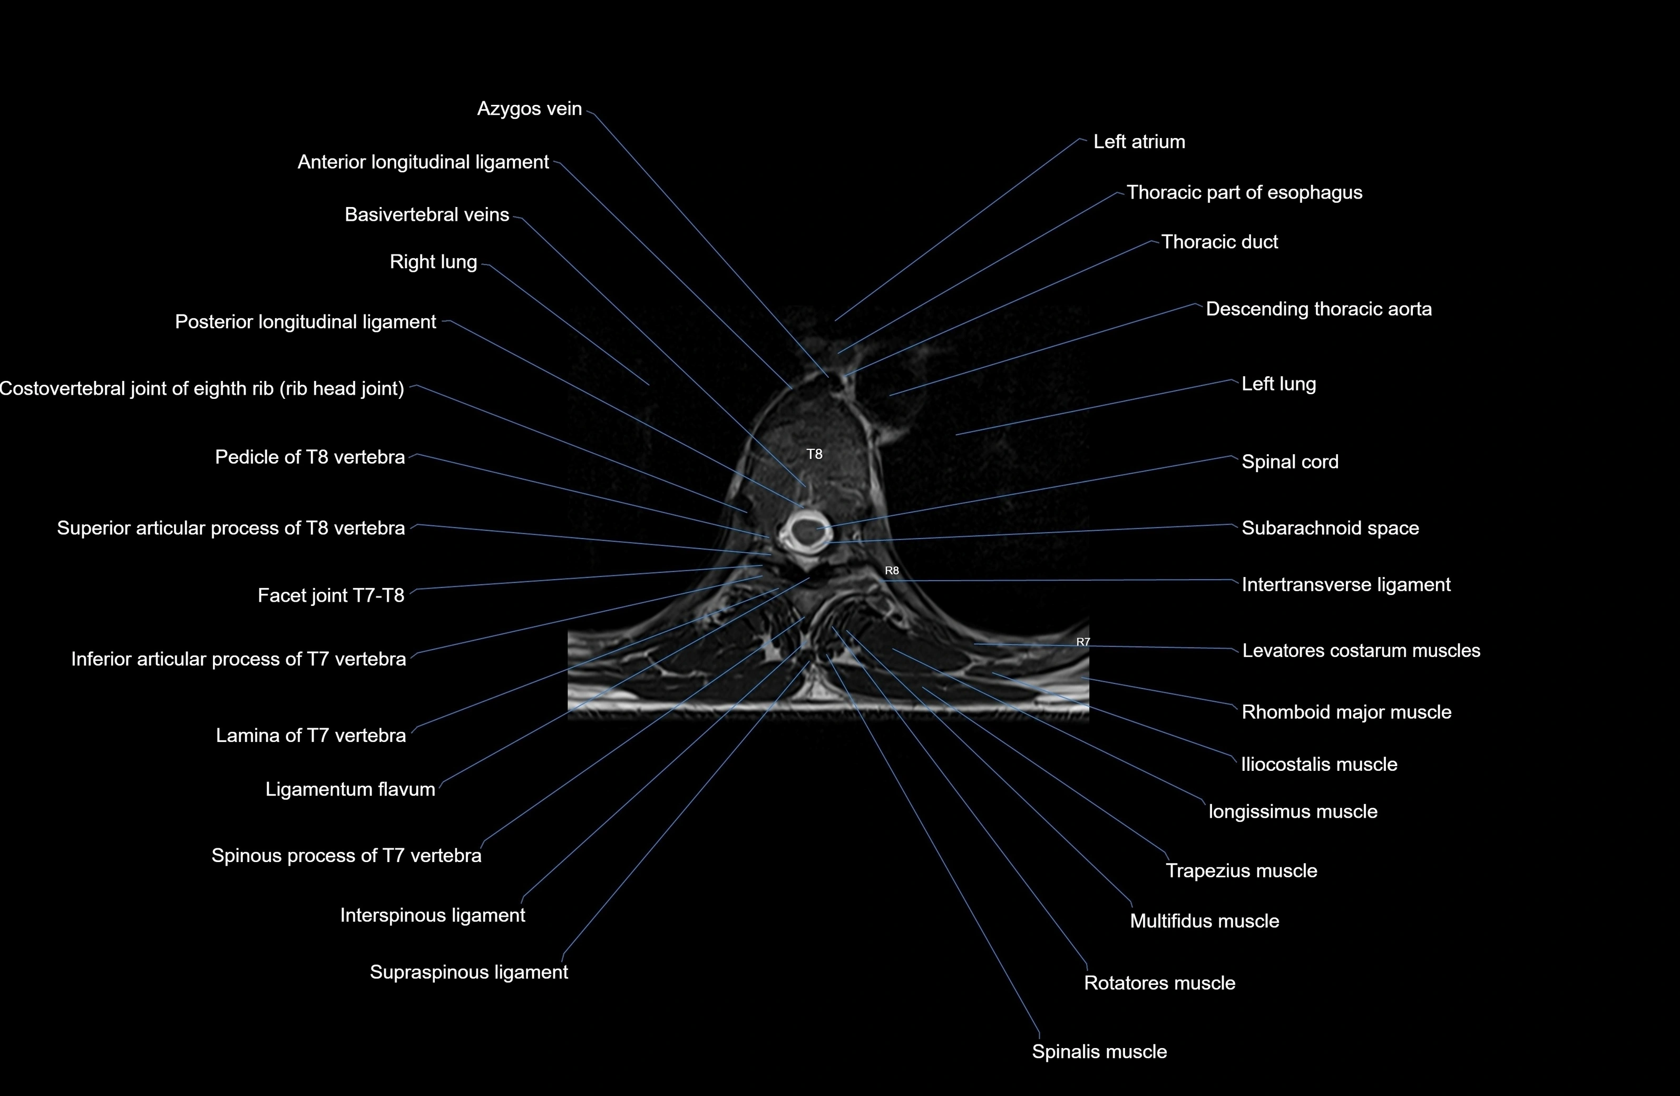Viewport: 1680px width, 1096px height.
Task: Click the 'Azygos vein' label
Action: click(x=530, y=109)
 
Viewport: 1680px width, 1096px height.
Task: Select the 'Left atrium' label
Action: click(x=1139, y=142)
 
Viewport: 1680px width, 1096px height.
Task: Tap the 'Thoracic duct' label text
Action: click(x=1219, y=242)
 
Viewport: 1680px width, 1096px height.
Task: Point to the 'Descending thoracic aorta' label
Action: click(x=1318, y=309)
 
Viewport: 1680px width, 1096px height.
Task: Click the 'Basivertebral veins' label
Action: click(x=426, y=214)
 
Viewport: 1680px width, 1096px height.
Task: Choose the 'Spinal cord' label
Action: click(x=1290, y=462)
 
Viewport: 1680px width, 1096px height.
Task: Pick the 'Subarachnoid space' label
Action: click(x=1330, y=529)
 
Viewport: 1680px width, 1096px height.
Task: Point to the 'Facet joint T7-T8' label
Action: click(x=330, y=595)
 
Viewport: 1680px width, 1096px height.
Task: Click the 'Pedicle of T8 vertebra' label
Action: click(x=310, y=457)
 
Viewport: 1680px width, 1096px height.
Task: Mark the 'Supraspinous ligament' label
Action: click(x=468, y=973)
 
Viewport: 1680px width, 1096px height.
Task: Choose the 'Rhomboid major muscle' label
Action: click(x=1346, y=712)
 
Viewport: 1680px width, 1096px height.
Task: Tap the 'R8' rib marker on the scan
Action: click(x=892, y=570)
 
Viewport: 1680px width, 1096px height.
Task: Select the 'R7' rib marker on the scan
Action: click(x=1083, y=641)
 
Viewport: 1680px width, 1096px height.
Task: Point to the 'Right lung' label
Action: click(x=433, y=262)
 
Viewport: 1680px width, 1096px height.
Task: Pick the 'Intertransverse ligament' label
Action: click(x=1345, y=585)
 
